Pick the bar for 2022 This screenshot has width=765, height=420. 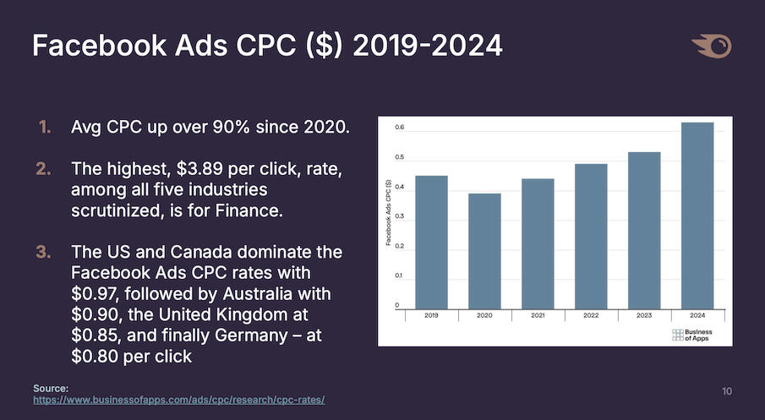591,236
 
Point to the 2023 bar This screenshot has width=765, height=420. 644,230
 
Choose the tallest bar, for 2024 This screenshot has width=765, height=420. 697,215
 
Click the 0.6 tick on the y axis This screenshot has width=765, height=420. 398,128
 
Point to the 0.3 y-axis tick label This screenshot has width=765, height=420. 398,217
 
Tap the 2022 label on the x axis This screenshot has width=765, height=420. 591,314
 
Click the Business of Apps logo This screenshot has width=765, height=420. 691,335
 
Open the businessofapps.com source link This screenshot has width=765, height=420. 178,399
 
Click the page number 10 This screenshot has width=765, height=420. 727,391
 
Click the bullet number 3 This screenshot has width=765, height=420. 43,253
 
